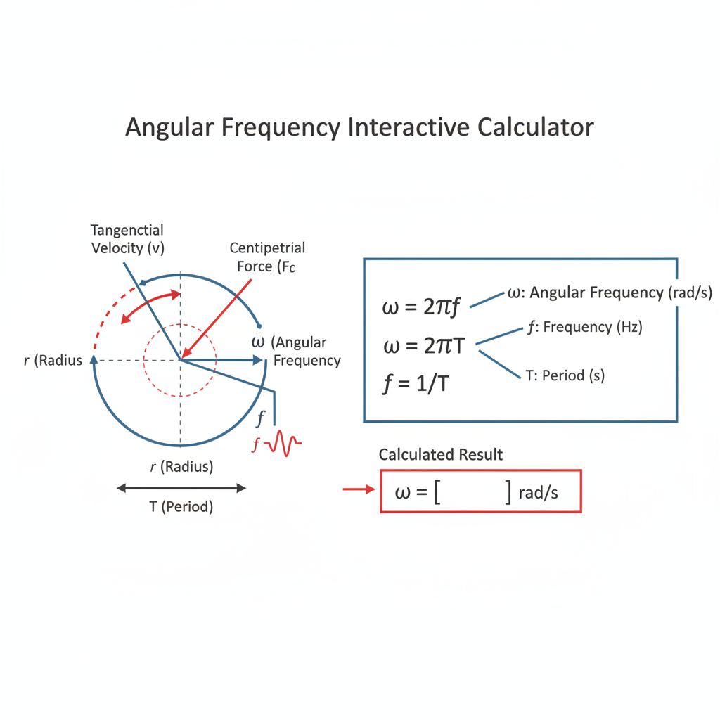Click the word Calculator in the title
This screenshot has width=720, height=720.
pos(535,127)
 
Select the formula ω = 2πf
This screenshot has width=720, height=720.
pos(420,307)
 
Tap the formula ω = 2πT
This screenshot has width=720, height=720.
pos(424,346)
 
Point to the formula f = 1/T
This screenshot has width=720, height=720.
pos(416,383)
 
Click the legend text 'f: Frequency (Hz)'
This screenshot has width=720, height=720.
pos(585,327)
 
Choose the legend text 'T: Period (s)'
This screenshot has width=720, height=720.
pos(565,375)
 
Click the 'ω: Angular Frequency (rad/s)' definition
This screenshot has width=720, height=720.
pos(610,293)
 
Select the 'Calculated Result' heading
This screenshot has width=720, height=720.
pos(440,455)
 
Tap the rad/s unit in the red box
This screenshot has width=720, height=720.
pos(538,493)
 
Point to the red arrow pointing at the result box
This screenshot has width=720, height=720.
pos(359,489)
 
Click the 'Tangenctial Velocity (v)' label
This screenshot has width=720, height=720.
pos(127,239)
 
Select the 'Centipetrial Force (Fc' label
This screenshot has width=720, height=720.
pos(267,257)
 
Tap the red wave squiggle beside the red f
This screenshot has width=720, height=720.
pos(285,443)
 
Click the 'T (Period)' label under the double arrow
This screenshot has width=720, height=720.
pos(181,506)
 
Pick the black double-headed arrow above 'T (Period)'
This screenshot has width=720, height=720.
pos(181,488)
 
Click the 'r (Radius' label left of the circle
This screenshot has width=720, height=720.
pos(53,361)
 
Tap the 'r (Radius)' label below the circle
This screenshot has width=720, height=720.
pos(181,467)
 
